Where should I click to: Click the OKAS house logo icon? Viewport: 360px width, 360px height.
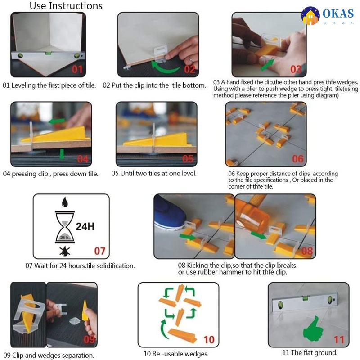tap(310, 16)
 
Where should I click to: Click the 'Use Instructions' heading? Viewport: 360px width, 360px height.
tap(66, 6)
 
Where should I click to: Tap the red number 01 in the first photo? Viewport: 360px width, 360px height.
tap(77, 69)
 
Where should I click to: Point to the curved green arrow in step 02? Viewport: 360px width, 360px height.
tap(165, 67)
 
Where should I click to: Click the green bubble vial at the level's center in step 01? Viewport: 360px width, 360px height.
tap(48, 53)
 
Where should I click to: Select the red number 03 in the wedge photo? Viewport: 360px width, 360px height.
tap(296, 69)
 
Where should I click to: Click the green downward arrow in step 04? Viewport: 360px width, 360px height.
tap(62, 154)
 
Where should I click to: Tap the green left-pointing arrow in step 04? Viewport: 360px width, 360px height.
tap(57, 121)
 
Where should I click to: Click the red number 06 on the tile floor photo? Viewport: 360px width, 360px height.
tap(298, 159)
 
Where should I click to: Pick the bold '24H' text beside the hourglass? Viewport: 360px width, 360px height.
tap(85, 227)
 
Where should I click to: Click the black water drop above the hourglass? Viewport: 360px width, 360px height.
tap(65, 202)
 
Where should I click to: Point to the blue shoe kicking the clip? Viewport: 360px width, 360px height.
tap(170, 216)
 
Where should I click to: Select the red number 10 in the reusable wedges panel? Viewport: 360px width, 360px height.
tap(209, 340)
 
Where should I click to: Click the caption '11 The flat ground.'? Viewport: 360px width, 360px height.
tap(310, 352)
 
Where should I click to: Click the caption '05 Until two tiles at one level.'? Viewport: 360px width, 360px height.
tap(154, 173)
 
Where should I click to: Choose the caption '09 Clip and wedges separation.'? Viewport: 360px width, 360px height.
tap(49, 355)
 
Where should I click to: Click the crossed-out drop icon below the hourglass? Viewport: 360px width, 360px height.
tap(65, 252)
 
